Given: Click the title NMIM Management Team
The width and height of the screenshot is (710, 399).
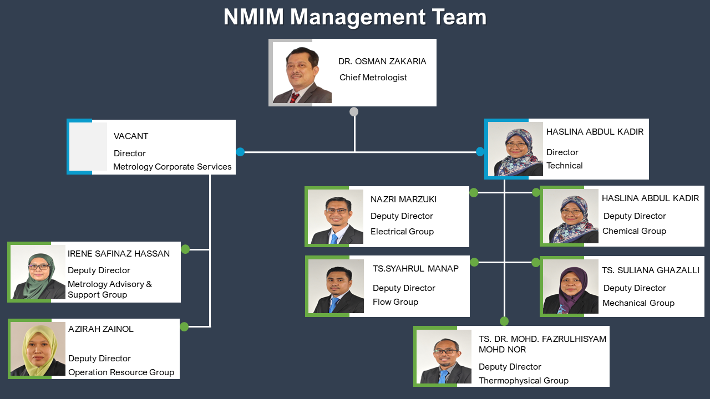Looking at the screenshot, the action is click(x=355, y=17).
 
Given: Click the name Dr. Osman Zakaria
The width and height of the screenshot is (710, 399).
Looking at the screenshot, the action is click(x=382, y=62).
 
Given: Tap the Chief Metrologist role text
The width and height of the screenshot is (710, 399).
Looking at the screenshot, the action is click(x=373, y=78).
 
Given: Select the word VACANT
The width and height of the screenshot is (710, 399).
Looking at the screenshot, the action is click(x=130, y=136).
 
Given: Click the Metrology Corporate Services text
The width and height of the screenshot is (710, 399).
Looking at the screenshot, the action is click(x=172, y=167).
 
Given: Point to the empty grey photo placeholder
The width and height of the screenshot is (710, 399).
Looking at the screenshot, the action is click(x=88, y=147).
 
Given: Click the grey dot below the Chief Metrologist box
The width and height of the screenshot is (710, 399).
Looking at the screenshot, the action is click(x=354, y=112).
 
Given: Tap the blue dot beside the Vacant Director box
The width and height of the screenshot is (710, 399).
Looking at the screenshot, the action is click(x=240, y=152).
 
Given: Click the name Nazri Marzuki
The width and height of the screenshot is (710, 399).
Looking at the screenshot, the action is click(x=403, y=199).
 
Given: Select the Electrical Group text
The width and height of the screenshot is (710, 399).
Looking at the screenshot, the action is click(x=402, y=232).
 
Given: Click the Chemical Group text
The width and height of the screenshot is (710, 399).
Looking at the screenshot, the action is click(x=634, y=231).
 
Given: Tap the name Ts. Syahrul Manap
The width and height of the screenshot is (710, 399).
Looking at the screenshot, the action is click(x=415, y=269).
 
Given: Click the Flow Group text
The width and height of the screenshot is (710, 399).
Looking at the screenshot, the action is click(x=395, y=302).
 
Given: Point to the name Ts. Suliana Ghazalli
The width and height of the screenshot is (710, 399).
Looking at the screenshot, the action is click(x=651, y=270).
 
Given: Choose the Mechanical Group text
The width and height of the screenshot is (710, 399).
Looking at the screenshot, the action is click(x=638, y=303).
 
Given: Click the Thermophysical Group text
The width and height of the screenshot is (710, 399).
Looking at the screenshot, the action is click(x=523, y=380).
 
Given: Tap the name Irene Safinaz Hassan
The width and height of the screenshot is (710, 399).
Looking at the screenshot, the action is click(x=119, y=254).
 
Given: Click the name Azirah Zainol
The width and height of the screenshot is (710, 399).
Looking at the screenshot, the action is click(x=101, y=329).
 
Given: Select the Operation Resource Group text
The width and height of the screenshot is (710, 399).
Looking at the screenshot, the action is click(x=121, y=372).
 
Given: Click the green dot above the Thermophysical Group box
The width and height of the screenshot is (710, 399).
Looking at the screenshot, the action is click(x=504, y=321).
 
